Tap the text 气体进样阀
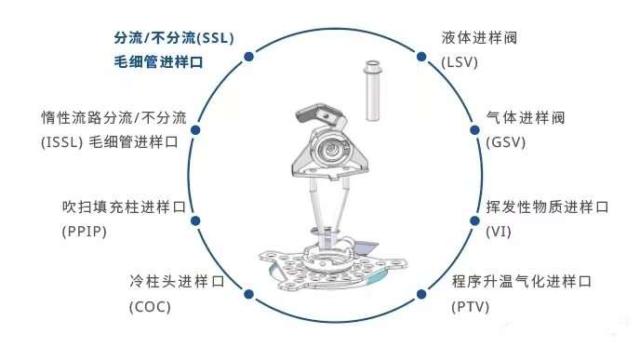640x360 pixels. point(526,119)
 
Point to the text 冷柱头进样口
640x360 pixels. point(177,280)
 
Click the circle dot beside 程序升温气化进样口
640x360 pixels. point(421,292)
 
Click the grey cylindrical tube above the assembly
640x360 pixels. point(373,91)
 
